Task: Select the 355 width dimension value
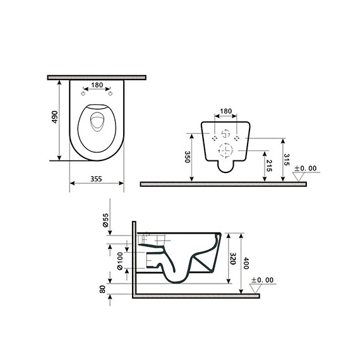click(96, 178)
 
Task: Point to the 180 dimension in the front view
click(225, 112)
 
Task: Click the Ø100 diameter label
click(119, 260)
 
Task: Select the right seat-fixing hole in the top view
click(111, 94)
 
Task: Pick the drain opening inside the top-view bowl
click(96, 123)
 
